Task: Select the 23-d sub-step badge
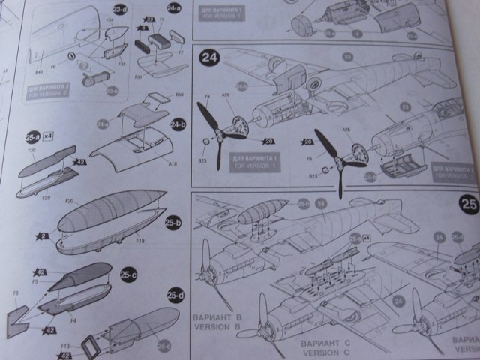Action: pyautogui.click(x=119, y=9)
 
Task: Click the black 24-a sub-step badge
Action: pyautogui.click(x=175, y=8)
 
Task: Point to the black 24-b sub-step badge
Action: pyautogui.click(x=178, y=124)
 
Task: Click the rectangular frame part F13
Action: pyautogui.click(x=88, y=346)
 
